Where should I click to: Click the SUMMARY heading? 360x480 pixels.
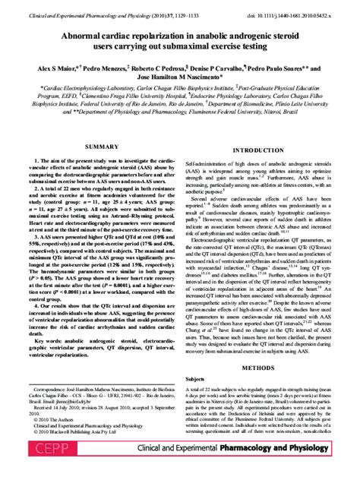pos(101,146)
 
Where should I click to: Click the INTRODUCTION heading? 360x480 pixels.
pos(257,150)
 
